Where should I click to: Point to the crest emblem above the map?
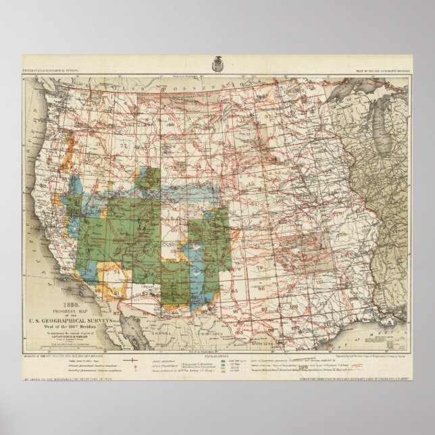[x=217, y=61]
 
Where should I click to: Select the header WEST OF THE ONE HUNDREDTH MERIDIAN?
[x=382, y=71]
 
